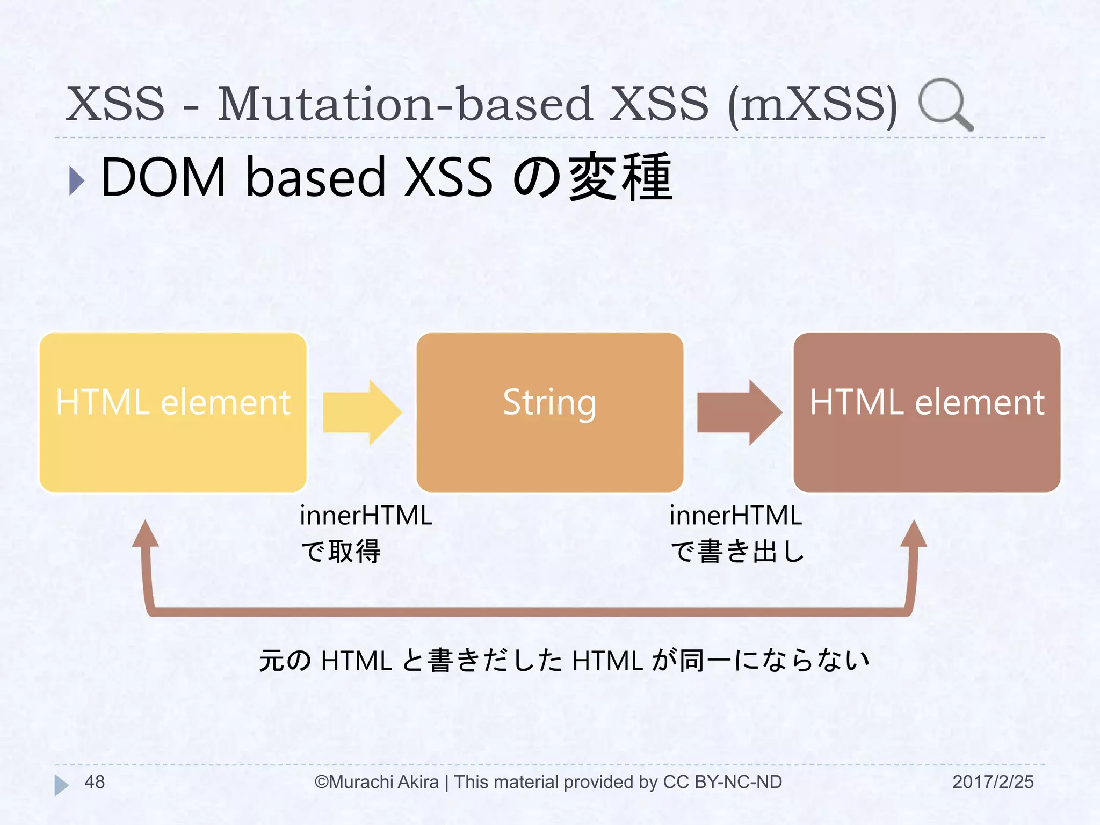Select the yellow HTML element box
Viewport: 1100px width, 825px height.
(173, 412)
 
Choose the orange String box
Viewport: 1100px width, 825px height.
(549, 412)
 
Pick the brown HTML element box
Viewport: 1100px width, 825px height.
(927, 412)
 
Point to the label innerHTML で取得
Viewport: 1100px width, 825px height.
(365, 533)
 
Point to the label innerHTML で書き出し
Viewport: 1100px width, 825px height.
(736, 533)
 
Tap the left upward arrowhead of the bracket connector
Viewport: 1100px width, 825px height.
(146, 534)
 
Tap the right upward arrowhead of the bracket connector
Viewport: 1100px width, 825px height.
(914, 534)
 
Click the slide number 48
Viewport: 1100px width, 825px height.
(95, 782)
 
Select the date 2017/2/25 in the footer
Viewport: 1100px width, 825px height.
(993, 782)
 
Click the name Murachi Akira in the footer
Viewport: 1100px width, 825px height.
(383, 782)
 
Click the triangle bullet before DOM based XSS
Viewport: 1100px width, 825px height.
(77, 180)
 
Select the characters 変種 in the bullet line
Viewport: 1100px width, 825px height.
(620, 177)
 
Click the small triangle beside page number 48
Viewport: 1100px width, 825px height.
(61, 785)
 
